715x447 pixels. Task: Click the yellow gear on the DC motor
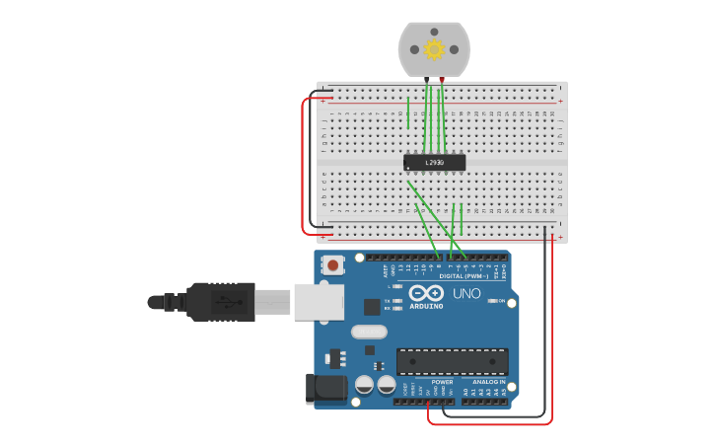(434, 49)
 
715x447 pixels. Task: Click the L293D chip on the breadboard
(434, 162)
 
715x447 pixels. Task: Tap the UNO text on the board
(466, 294)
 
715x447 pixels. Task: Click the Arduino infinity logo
(426, 293)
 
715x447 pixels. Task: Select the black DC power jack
(326, 388)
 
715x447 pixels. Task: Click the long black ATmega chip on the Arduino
(452, 361)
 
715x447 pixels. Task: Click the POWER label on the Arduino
(443, 382)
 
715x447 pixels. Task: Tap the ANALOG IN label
(488, 382)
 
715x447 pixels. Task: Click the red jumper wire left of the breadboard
(303, 168)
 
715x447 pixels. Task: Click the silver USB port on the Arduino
(319, 302)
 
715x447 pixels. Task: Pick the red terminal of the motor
(442, 79)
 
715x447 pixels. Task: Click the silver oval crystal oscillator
(369, 332)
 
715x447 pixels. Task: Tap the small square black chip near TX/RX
(372, 307)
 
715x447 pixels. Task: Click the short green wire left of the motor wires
(408, 112)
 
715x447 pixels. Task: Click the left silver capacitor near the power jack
(364, 384)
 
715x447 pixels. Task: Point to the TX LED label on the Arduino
(387, 300)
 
